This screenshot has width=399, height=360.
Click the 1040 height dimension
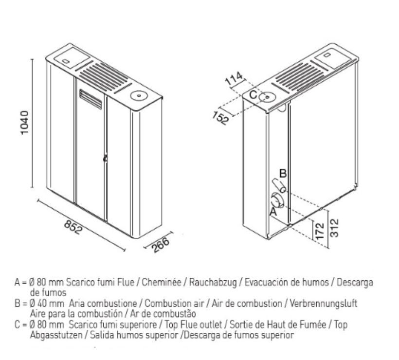[x=24, y=123]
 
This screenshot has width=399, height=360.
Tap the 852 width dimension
[x=73, y=227]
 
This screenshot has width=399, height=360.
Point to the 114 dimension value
[x=234, y=79]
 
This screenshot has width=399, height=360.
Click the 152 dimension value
[x=220, y=118]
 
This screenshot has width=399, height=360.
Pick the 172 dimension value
[x=320, y=231]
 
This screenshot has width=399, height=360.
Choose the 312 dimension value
[x=334, y=228]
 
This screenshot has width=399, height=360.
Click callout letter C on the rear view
[x=253, y=95]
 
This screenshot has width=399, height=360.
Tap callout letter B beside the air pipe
[x=283, y=174]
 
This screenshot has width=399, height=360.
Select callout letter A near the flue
[x=273, y=212]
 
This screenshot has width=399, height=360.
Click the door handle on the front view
[x=105, y=158]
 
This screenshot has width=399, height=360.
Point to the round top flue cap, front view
[x=139, y=96]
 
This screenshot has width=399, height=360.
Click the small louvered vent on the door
[x=91, y=99]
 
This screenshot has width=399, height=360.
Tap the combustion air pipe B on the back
[x=279, y=186]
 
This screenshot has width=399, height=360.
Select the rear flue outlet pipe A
[x=277, y=200]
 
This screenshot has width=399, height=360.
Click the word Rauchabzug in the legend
[x=213, y=282]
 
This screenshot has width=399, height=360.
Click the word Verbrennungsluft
[x=324, y=304]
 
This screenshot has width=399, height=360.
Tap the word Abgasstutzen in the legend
[x=56, y=335]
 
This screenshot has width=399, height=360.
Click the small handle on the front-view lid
[x=66, y=61]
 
